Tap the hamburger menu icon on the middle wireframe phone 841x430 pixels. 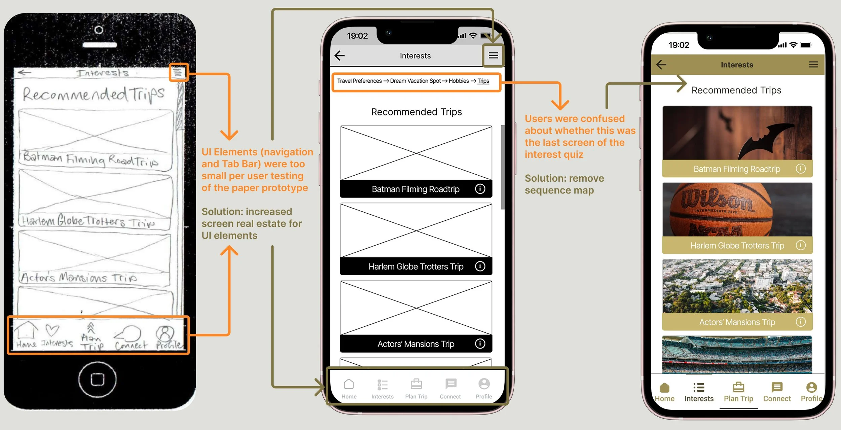(x=493, y=56)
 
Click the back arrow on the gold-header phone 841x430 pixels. (x=661, y=65)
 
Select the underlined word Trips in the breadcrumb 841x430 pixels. (x=483, y=81)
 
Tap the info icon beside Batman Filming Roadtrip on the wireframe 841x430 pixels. (x=480, y=189)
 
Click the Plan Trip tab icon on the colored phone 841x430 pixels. (x=738, y=387)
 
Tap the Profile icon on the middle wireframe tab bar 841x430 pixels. (x=484, y=384)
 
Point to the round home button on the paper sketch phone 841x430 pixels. (x=98, y=379)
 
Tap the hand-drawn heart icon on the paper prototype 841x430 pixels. (x=52, y=330)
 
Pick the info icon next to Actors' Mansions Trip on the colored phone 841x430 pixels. (x=801, y=322)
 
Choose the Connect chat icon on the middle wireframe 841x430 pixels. (x=450, y=384)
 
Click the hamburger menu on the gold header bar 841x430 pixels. (x=813, y=65)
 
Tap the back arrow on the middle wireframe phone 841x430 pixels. (x=340, y=56)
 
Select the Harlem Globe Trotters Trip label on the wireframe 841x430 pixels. (x=416, y=266)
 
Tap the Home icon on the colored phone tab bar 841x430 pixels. (x=664, y=388)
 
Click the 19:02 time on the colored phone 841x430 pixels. (x=679, y=45)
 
